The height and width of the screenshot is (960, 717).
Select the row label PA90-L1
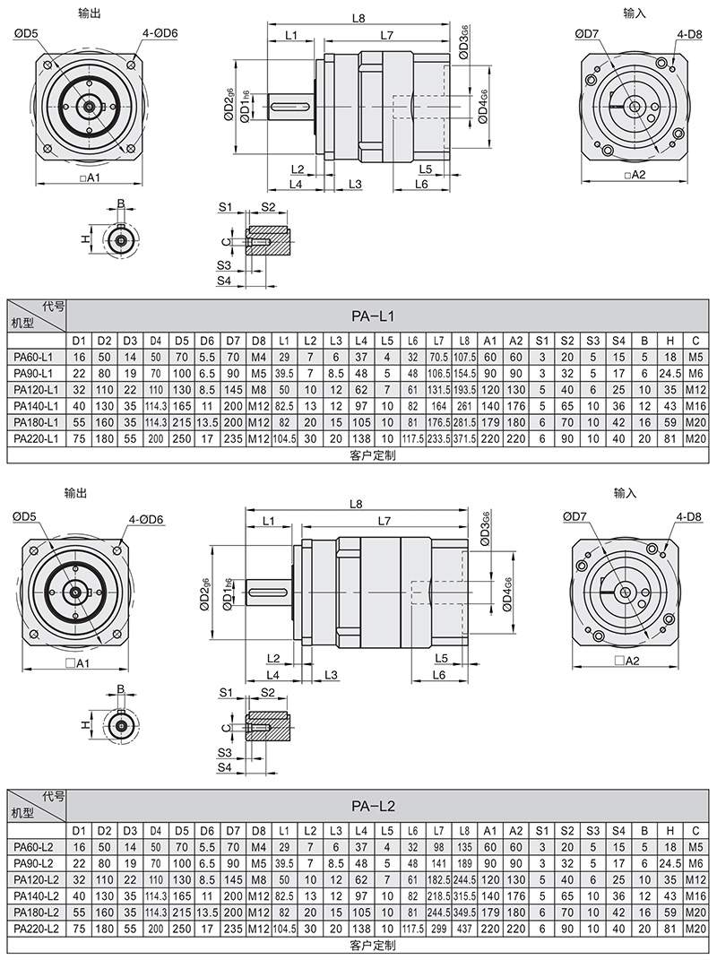pos(35,373)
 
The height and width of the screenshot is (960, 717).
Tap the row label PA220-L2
pos(35,929)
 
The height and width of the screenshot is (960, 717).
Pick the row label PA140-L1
pos(35,405)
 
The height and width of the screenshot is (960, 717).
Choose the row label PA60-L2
pos(35,848)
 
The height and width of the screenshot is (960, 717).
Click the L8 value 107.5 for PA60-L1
pos(464,357)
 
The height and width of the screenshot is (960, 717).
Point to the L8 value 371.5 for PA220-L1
pos(464,437)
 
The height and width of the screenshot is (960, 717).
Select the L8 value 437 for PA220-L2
pos(464,929)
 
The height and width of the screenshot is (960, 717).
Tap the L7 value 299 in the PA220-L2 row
pos(438,929)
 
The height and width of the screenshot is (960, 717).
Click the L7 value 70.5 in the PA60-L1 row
pos(438,357)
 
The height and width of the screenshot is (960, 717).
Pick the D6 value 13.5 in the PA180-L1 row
pos(207,421)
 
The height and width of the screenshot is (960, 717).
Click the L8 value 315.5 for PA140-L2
pos(464,896)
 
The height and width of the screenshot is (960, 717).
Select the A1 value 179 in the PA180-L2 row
pos(490,912)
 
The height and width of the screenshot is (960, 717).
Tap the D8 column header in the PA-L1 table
pos(258,341)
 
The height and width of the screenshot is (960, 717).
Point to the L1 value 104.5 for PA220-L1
pos(283,437)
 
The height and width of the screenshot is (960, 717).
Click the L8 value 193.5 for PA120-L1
pos(464,389)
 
